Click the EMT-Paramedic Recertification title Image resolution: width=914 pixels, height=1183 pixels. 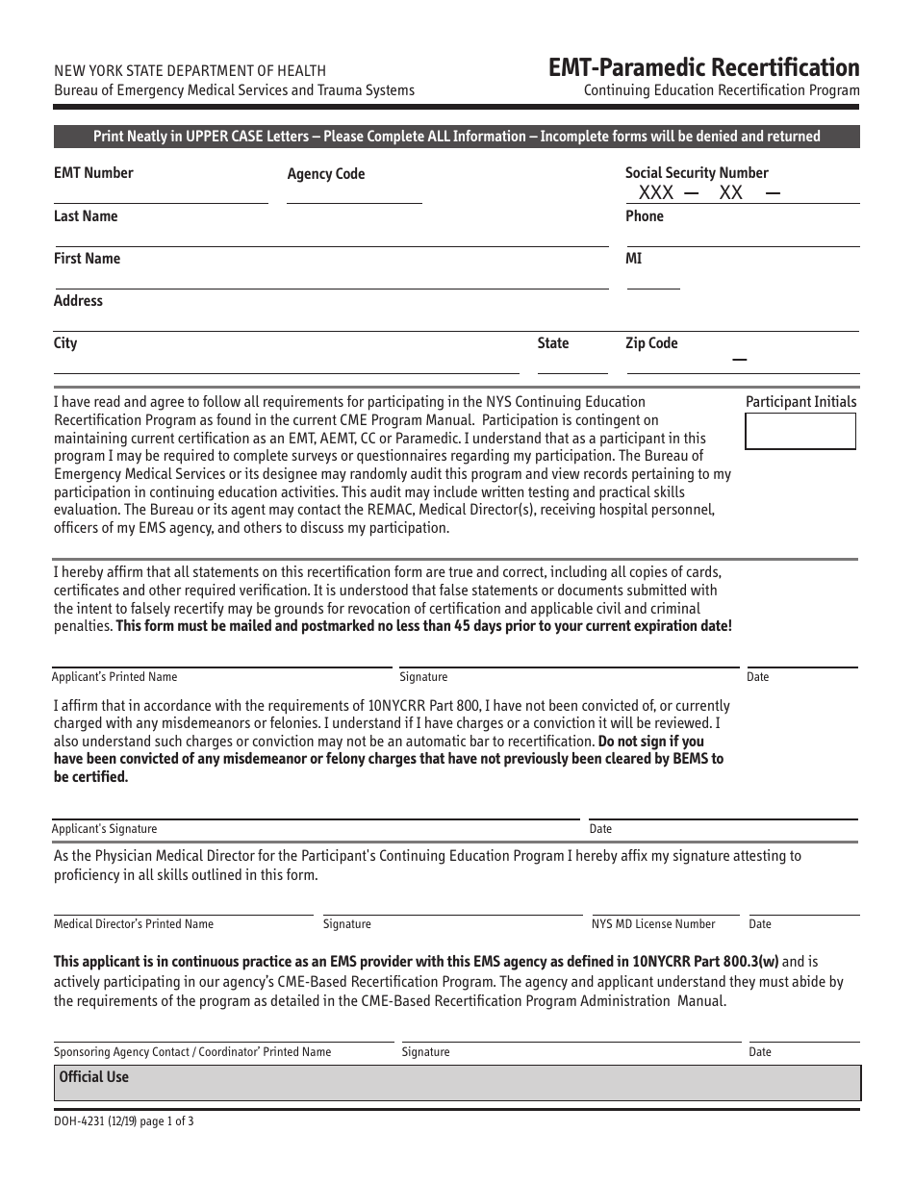pos(703,67)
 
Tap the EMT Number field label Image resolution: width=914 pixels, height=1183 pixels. pos(93,173)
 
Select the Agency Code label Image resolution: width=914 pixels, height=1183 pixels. pos(326,174)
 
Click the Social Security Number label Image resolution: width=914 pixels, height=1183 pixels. pos(697,173)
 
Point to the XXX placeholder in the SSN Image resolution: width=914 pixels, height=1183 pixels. pos(656,192)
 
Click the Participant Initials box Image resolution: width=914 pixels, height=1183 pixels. pos(800,431)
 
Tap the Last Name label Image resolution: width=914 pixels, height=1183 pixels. pos(86,216)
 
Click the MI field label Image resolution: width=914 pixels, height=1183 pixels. pos(633,259)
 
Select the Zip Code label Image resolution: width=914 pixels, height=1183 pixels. pos(651,343)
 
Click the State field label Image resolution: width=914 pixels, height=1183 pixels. pos(553,343)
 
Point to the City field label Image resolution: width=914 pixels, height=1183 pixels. pos(65,343)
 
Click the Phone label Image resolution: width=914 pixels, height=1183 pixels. pos(645,216)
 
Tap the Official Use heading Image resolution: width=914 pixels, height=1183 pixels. pos(93,1077)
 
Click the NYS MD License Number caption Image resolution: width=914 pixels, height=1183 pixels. pos(653,924)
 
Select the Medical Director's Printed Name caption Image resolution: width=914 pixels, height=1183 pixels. pos(134,924)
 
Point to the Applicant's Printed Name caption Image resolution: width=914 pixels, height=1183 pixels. pos(114,677)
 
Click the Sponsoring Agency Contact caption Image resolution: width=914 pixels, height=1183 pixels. pos(192,1052)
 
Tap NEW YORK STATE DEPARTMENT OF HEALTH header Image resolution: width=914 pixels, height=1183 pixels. pos(190,70)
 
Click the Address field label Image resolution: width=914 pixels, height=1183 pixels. pos(78,301)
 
